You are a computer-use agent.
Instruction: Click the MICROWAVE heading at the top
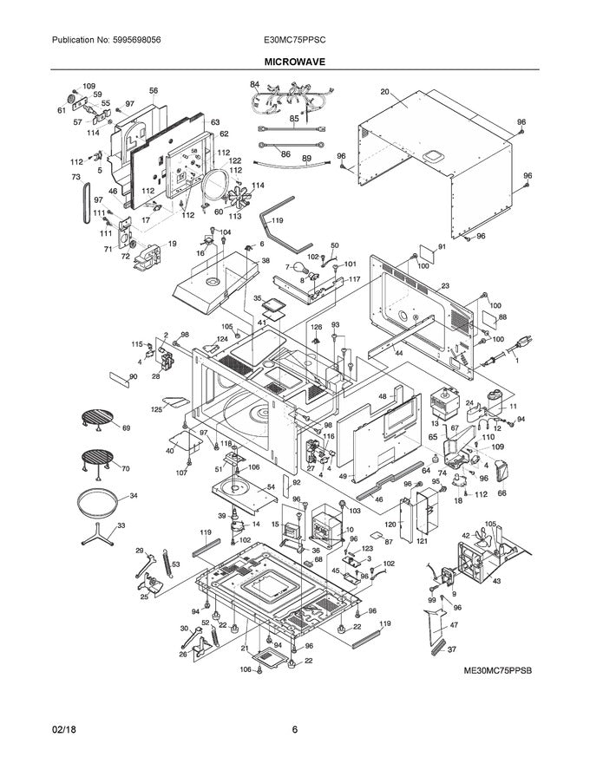[x=294, y=62]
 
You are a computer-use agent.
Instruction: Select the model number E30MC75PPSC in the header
[x=296, y=41]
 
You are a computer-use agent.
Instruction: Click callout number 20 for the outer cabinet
[x=383, y=90]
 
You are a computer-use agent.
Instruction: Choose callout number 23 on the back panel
[x=445, y=285]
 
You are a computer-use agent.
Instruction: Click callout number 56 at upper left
[x=154, y=90]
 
